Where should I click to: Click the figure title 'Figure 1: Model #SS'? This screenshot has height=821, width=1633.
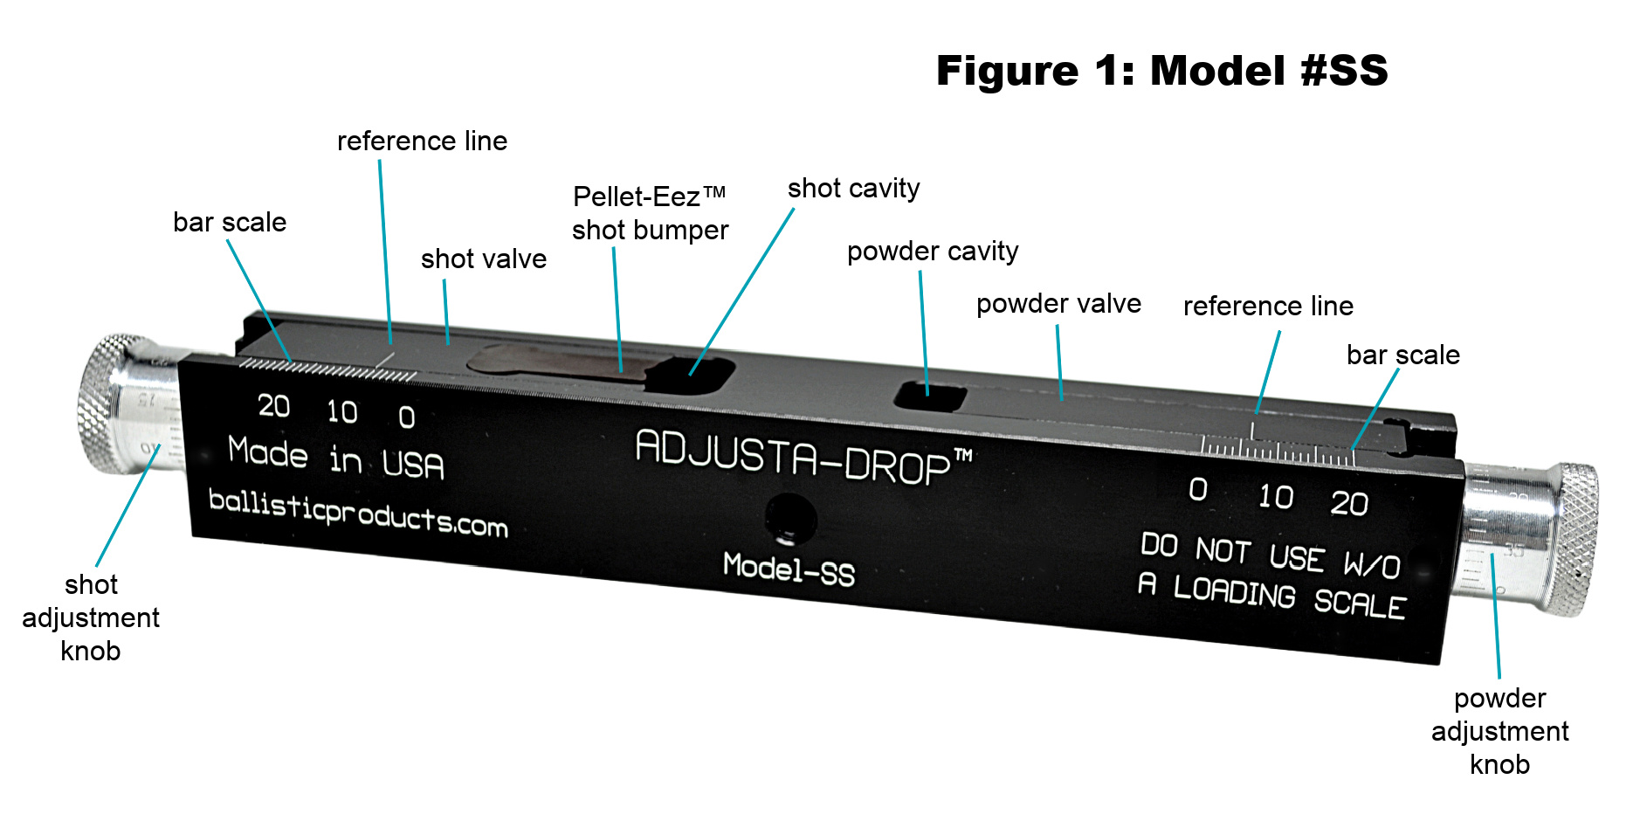click(1161, 71)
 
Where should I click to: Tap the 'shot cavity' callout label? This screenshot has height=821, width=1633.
click(854, 189)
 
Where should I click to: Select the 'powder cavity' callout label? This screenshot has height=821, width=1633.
click(933, 252)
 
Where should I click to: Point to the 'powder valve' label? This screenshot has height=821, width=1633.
click(1058, 303)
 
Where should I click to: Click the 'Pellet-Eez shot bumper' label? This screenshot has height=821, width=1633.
click(651, 213)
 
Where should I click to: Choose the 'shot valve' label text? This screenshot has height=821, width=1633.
click(484, 259)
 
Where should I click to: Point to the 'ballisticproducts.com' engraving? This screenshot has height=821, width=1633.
click(358, 514)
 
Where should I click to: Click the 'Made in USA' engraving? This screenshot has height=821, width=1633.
click(336, 457)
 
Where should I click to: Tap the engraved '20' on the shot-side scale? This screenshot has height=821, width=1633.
click(274, 405)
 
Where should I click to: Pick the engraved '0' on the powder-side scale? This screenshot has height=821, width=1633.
click(1199, 489)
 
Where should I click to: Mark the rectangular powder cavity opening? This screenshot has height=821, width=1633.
click(929, 396)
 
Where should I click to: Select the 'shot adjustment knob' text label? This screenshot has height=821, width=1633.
click(91, 617)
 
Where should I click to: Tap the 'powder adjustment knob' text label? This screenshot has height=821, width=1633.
click(1499, 731)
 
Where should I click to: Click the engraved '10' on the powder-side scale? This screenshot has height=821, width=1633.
click(1276, 496)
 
